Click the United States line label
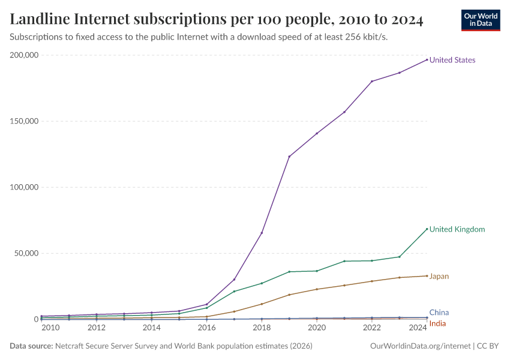452,60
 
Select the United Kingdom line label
457,229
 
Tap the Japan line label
439,277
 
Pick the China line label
439,313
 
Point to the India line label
437,324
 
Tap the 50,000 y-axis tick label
26,253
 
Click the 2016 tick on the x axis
206,328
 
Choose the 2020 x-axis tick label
317,328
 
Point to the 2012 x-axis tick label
97,328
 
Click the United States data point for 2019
289,157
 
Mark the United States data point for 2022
372,81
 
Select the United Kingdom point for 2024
427,229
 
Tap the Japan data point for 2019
289,295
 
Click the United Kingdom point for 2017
234,292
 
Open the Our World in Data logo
480,20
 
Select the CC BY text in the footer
488,346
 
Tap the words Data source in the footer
31,346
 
